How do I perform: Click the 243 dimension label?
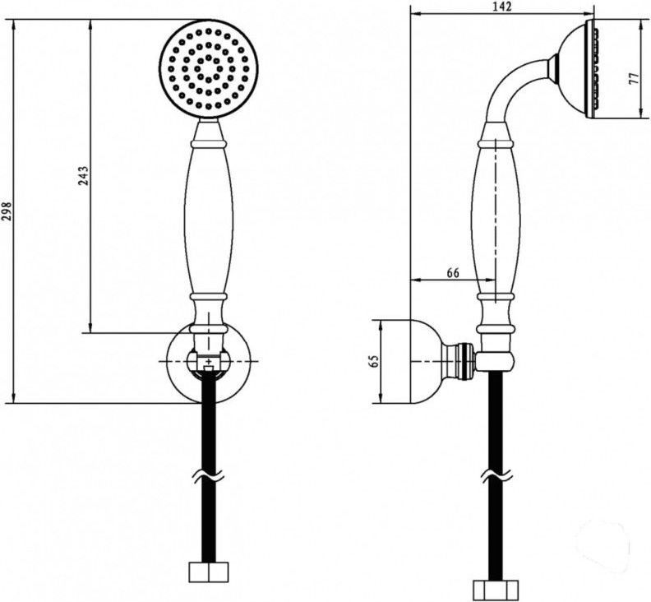(x=84, y=176)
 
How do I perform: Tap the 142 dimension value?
(x=503, y=7)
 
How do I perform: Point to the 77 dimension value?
(x=633, y=80)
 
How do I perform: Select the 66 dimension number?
(x=453, y=273)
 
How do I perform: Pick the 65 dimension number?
(x=375, y=360)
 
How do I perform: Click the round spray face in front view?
(x=209, y=69)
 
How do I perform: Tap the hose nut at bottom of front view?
(x=209, y=572)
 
